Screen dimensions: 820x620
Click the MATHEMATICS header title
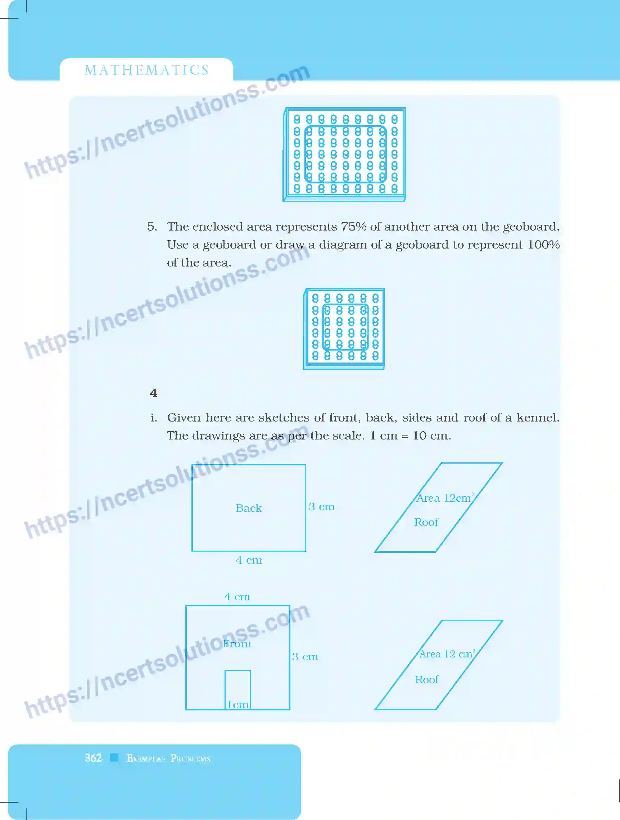pos(147,70)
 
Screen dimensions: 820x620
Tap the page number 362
pos(93,757)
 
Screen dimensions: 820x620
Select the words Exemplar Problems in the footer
pos(168,758)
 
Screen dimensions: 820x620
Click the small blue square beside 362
pos(114,757)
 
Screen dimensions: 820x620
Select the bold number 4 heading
pos(154,393)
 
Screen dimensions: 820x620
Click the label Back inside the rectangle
pos(248,508)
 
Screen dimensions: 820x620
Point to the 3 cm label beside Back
pos(321,507)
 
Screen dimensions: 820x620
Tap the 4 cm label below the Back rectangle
pos(249,560)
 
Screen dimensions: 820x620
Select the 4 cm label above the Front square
pos(237,596)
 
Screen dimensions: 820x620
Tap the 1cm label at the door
pos(237,704)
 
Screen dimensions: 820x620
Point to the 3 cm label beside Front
pos(305,656)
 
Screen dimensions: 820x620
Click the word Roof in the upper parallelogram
pos(426,522)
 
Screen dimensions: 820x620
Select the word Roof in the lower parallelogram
pos(426,679)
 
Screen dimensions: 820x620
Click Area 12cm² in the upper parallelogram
pos(445,498)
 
